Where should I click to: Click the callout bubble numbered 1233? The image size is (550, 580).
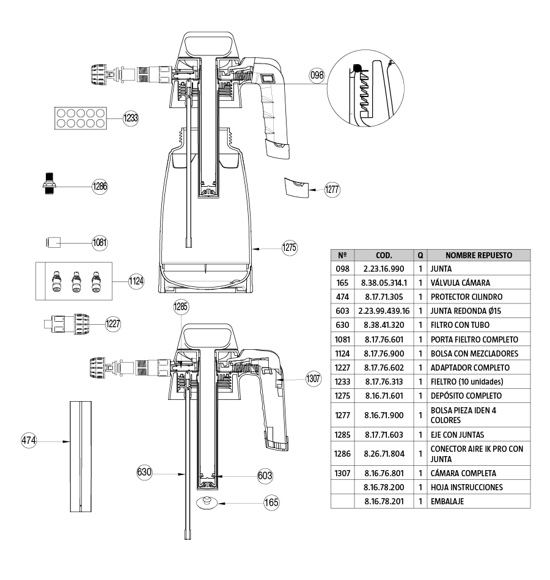(x=131, y=118)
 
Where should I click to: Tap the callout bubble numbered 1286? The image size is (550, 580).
(x=100, y=187)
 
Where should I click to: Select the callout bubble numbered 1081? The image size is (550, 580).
(x=100, y=242)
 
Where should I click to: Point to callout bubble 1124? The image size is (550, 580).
(x=136, y=281)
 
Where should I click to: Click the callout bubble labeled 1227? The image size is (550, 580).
(x=113, y=324)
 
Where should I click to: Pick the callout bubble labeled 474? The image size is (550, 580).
(x=29, y=440)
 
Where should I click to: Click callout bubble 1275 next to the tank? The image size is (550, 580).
(x=289, y=248)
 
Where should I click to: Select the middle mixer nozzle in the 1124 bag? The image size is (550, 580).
(x=76, y=281)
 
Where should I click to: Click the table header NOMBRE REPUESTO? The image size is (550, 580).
(x=479, y=255)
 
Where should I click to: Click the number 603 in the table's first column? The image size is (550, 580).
(x=342, y=311)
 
